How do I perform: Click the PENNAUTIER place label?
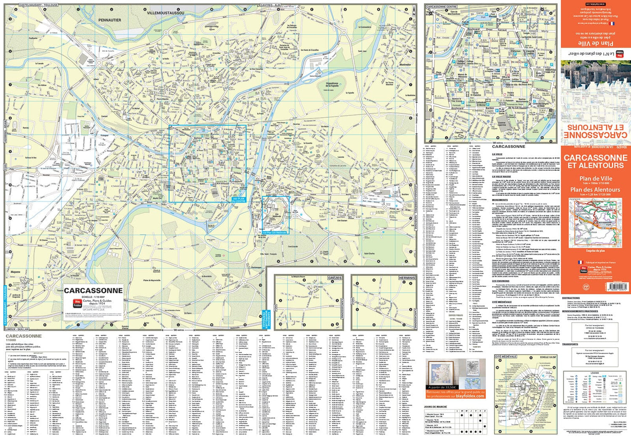pos(109,20)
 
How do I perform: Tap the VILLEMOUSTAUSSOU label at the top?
pos(165,13)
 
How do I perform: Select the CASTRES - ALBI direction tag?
pos(270,5)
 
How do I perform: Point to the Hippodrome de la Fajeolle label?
pos(332,85)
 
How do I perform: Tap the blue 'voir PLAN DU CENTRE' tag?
pos(239,200)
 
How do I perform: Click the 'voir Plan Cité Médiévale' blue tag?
pos(274,232)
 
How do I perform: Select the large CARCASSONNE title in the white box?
pos(93,291)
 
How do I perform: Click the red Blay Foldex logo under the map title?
pos(77,303)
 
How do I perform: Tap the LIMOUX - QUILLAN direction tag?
pos(17,329)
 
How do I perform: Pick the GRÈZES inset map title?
pos(334,278)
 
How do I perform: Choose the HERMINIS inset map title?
pos(407,278)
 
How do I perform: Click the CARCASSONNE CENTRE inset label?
pos(441,7)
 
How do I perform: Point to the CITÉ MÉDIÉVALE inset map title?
pos(506,357)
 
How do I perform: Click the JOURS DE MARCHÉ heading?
pos(435,407)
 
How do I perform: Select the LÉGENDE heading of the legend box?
pos(594,373)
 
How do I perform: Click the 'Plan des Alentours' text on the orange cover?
pos(595,190)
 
